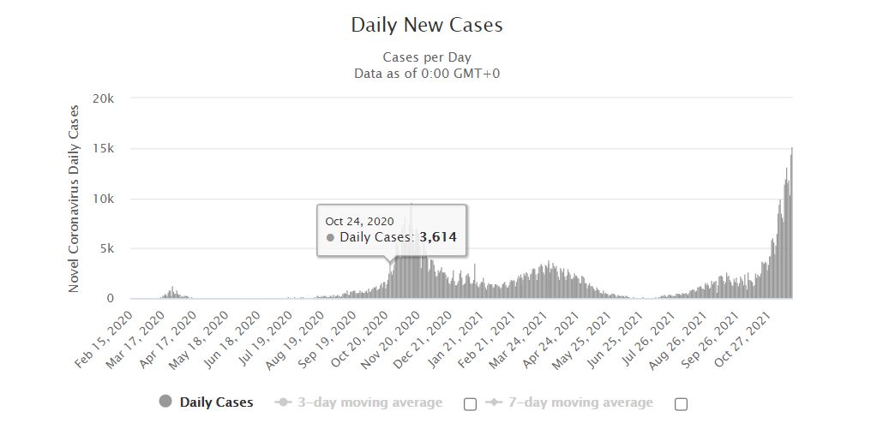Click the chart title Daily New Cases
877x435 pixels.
click(427, 25)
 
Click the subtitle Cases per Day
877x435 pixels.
click(427, 57)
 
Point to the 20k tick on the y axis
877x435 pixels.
click(103, 98)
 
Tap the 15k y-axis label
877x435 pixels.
click(104, 148)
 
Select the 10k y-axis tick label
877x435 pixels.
click(104, 199)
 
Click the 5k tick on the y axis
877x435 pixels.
click(106, 248)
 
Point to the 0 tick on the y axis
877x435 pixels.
click(111, 299)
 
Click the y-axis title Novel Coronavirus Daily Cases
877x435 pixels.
click(74, 199)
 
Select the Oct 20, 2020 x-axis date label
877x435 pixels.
click(360, 340)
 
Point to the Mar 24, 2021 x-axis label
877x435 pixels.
click(519, 340)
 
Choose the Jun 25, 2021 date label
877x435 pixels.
click(615, 340)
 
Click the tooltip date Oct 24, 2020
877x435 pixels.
click(360, 221)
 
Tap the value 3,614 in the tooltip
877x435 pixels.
click(438, 237)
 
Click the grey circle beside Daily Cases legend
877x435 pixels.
click(165, 402)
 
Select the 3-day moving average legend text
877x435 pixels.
click(369, 402)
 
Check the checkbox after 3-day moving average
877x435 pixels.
click(471, 403)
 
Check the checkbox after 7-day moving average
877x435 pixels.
click(681, 403)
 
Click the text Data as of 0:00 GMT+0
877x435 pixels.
click(427, 74)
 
